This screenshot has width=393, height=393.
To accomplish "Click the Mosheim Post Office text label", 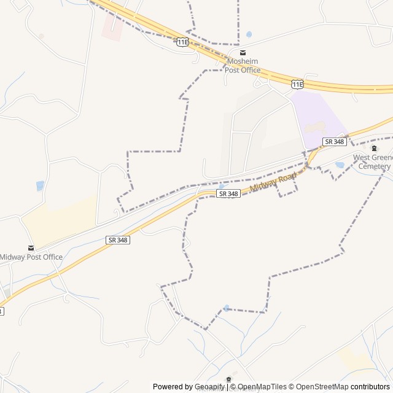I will pyautogui.click(x=244, y=66).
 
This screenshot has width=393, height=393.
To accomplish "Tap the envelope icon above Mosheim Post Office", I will pyautogui.click(x=243, y=53).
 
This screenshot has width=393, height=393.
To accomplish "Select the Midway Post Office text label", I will pyautogui.click(x=31, y=257).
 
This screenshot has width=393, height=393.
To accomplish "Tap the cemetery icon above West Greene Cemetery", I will pyautogui.click(x=374, y=148).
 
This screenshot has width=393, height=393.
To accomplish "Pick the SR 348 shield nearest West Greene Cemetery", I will pyautogui.click(x=335, y=142).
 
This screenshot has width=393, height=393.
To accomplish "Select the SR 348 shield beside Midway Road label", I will pyautogui.click(x=228, y=193).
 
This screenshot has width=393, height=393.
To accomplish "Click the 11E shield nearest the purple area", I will pyautogui.click(x=297, y=84).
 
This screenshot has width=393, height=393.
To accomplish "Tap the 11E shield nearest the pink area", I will pyautogui.click(x=182, y=42).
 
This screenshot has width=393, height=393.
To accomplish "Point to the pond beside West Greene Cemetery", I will pyautogui.click(x=340, y=165).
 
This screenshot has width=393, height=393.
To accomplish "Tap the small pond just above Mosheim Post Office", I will pyautogui.click(x=249, y=34).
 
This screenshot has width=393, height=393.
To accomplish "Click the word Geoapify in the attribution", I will pyautogui.click(x=210, y=387).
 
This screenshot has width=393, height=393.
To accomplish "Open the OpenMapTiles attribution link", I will pyautogui.click(x=262, y=387).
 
